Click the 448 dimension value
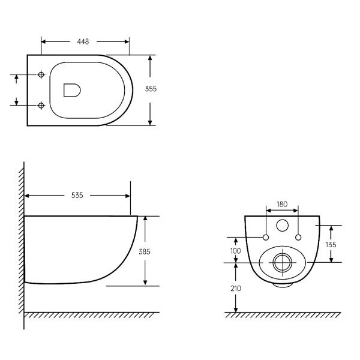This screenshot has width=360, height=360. point(83,41)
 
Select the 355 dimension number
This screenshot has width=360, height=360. point(151,89)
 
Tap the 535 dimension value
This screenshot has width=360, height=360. point(77,196)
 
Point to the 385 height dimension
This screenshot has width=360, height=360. point(145,252)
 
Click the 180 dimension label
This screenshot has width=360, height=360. point(282,204)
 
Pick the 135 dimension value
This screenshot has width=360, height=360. point(331,245)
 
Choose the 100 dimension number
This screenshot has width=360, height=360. point(236,251)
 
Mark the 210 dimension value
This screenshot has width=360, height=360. point(236,289)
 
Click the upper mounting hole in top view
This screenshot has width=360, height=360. point(41,74)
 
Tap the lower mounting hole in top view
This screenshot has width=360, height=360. point(41,106)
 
